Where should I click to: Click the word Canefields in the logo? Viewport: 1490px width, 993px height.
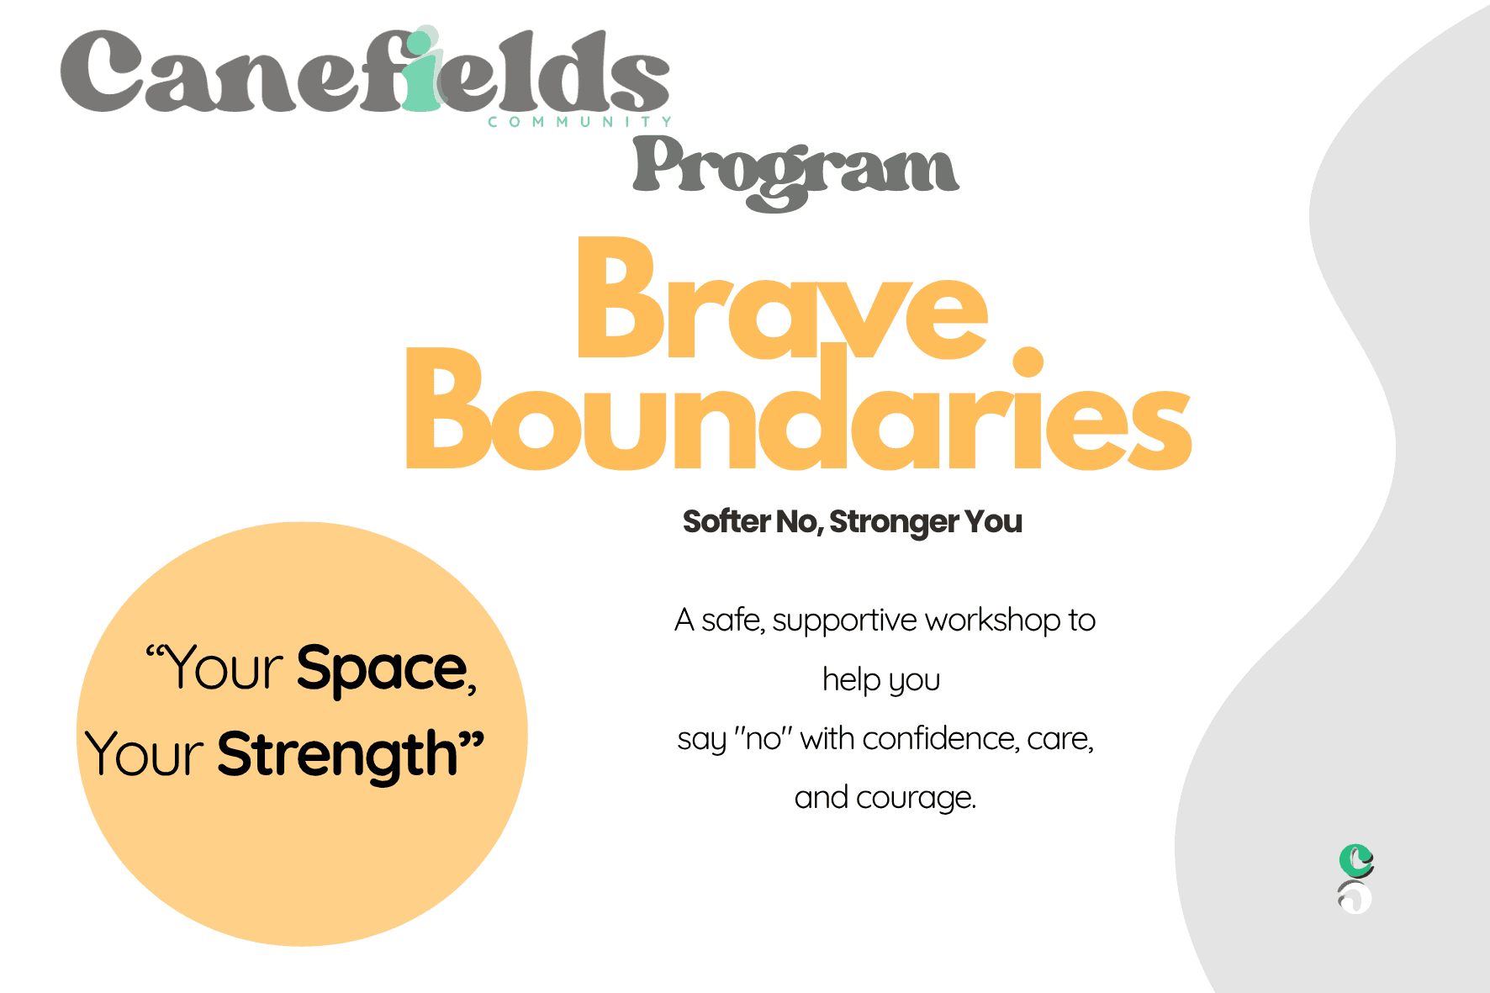[365, 71]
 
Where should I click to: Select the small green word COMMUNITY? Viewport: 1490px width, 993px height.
[580, 122]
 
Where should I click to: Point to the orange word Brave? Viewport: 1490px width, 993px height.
[782, 298]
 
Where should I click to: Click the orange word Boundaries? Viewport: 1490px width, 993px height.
[799, 408]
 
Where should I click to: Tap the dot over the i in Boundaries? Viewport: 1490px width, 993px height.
[1028, 362]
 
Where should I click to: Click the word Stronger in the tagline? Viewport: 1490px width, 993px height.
[893, 523]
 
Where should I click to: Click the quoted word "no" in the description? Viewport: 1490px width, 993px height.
[763, 738]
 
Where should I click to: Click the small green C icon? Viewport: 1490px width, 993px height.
[1355, 860]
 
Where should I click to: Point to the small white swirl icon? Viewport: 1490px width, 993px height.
[1355, 897]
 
